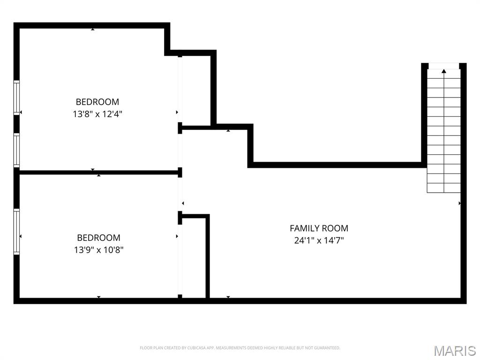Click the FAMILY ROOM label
[x=319, y=228]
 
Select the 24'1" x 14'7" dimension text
[x=319, y=241]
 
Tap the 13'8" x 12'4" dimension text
[x=97, y=114]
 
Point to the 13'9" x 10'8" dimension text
[x=98, y=250]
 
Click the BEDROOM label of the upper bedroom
[x=97, y=102]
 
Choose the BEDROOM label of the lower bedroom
[x=98, y=238]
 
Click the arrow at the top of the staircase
[x=443, y=71]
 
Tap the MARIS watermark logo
[x=455, y=350]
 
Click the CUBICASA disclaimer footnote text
[x=240, y=348]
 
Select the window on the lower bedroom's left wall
[x=17, y=232]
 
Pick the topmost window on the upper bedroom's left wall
[x=17, y=97]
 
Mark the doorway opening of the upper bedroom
[x=180, y=89]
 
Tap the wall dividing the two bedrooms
[x=98, y=172]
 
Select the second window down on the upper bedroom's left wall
[x=17, y=150]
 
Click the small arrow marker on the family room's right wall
[x=459, y=203]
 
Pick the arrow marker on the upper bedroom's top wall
[x=93, y=30]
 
